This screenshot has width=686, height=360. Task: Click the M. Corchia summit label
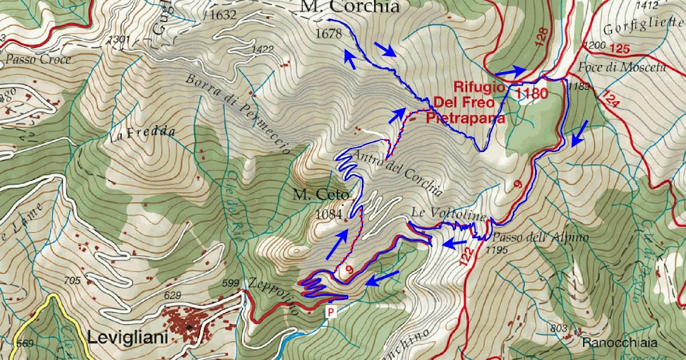click(x=349, y=7)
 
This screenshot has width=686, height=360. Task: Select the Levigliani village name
click(x=127, y=338)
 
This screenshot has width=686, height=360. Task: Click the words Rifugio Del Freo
click(x=479, y=95)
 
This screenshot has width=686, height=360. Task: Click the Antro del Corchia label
click(x=398, y=172)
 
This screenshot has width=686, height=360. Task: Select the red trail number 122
click(x=466, y=257)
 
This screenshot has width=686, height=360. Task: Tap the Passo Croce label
click(x=38, y=59)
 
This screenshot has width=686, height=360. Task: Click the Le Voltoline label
click(x=448, y=215)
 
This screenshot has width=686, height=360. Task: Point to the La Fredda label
click(x=141, y=134)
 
